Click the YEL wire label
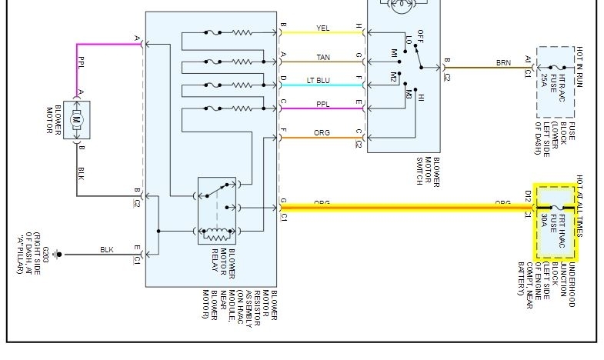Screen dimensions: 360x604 tap(322, 28)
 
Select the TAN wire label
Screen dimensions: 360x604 tap(322, 57)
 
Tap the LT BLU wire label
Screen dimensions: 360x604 tap(322, 78)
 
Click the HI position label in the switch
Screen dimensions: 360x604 tap(420, 98)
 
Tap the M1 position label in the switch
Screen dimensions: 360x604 tap(394, 55)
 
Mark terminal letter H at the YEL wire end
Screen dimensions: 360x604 tap(358, 28)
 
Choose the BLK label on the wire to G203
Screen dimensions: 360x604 tap(106, 249)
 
